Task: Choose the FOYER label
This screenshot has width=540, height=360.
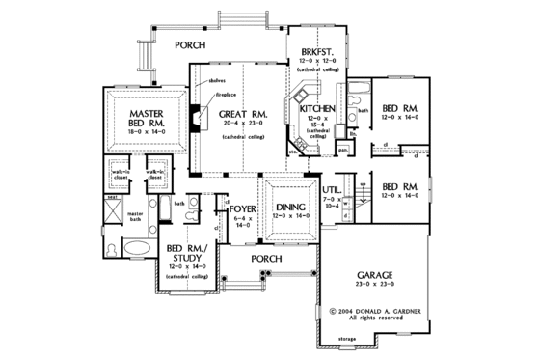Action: tap(240, 208)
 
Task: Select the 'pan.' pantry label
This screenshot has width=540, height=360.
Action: tap(343, 150)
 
